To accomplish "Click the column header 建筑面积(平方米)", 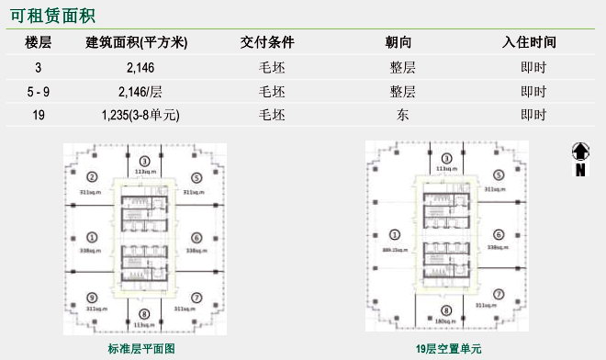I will (136, 42).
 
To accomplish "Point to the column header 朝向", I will (403, 42).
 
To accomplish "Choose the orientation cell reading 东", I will (403, 115).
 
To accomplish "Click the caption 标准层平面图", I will (141, 349).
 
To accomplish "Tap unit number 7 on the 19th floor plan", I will (498, 295).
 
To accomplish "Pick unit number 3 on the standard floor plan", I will (144, 162).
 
